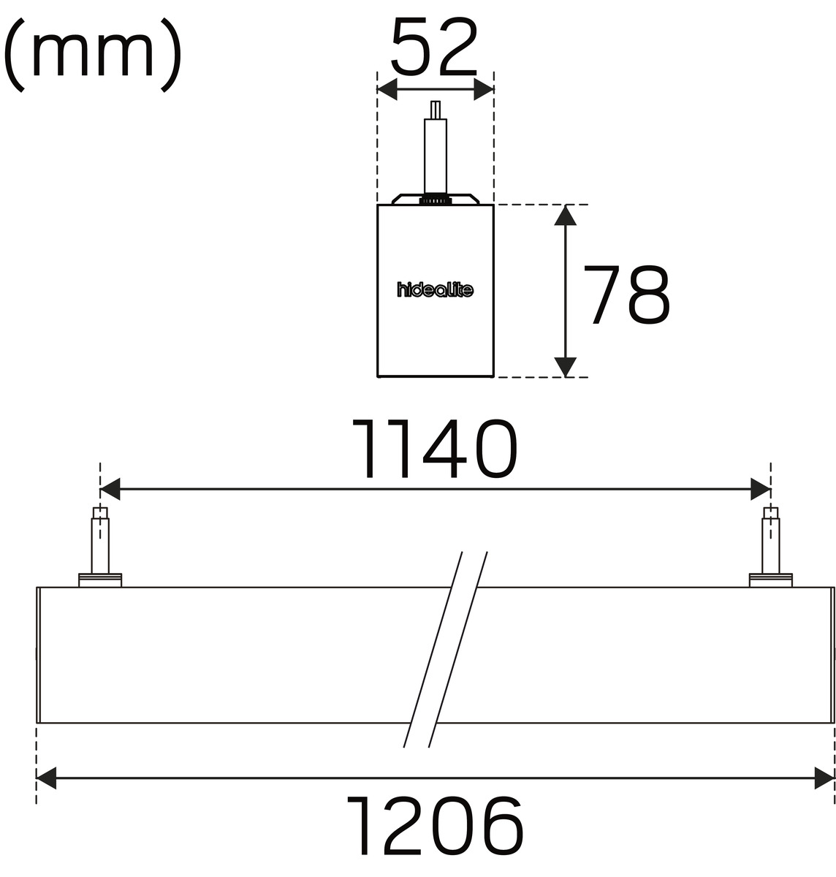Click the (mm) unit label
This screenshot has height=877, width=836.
coord(93,54)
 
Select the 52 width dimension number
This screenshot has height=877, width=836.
coord(435,47)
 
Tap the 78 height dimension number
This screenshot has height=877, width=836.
coord(626,295)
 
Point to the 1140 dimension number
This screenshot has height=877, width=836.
coord(435,448)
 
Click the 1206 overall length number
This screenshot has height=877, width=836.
coord(435,825)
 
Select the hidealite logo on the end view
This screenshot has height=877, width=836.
coord(435,289)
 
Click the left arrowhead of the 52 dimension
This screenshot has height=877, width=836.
coord(387,89)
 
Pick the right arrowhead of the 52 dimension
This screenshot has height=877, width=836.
coord(484,89)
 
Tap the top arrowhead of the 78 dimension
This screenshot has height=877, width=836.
coord(565,215)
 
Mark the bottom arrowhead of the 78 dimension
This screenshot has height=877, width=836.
coord(565,367)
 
